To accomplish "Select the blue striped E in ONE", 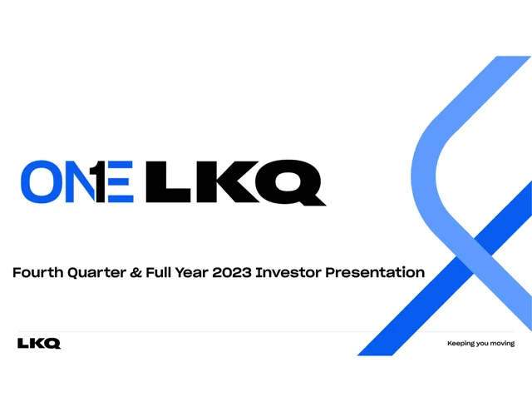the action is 121,181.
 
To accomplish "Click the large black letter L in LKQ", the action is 168,181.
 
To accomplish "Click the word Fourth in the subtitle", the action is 38,272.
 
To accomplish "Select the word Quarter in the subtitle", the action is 96,273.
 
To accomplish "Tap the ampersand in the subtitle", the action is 135,273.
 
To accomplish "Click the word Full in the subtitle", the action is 159,272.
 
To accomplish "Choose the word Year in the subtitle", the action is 192,272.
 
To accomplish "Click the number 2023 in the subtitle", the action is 232,273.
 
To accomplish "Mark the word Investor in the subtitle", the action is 288,272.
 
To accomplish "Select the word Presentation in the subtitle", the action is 375,272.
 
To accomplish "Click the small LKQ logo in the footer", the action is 39,344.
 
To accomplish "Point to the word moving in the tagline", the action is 502,344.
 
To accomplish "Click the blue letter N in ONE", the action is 79,181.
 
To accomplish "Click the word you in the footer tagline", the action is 482,344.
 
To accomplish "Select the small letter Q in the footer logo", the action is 52,344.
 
